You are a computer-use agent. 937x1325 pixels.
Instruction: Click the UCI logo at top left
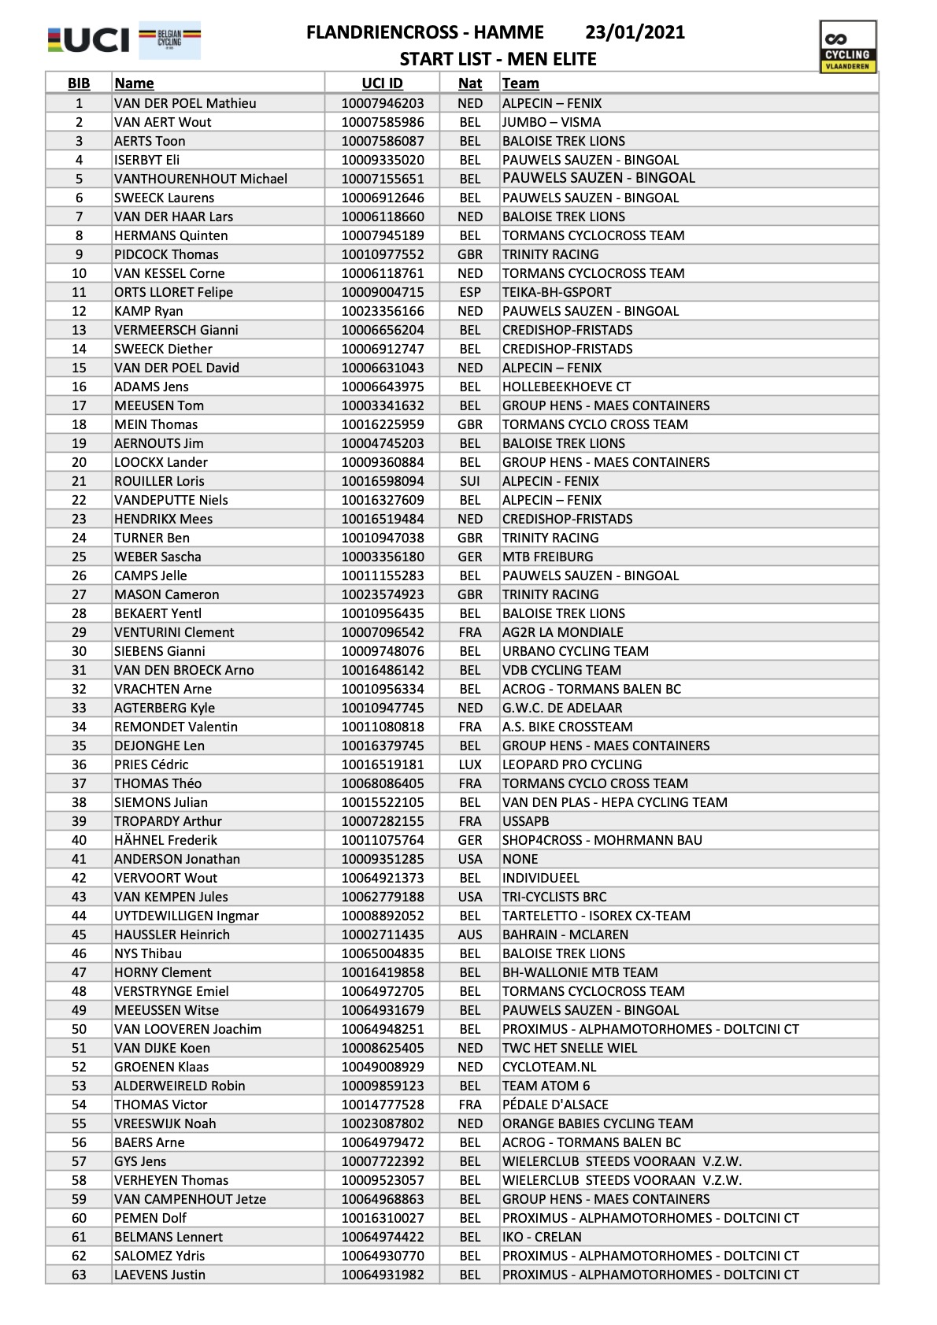click(88, 40)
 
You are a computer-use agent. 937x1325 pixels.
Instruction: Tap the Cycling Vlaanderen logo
click(847, 47)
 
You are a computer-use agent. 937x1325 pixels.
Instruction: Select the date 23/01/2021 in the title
click(635, 32)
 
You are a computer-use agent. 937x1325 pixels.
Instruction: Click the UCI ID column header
click(382, 83)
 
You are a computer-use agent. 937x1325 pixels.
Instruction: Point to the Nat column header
click(470, 83)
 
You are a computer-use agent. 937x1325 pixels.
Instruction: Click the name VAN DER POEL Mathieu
click(185, 103)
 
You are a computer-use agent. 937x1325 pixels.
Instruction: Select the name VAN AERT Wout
click(163, 122)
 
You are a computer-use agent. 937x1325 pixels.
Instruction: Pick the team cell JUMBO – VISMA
click(551, 122)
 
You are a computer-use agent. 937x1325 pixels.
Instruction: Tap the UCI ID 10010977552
click(382, 254)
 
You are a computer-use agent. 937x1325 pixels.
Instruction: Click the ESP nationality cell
click(470, 292)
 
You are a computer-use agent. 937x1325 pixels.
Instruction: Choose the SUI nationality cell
click(470, 481)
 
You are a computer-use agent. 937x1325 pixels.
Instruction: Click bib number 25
click(79, 557)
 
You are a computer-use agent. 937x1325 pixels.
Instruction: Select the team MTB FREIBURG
click(548, 557)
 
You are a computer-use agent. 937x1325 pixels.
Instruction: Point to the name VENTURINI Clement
click(174, 632)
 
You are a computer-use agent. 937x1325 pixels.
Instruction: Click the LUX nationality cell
click(470, 764)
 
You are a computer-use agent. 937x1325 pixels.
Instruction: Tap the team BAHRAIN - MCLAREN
click(565, 935)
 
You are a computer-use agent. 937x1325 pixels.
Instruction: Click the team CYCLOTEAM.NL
click(550, 1067)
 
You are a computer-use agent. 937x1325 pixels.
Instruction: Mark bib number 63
click(79, 1275)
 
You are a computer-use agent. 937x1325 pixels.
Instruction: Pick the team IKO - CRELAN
click(542, 1237)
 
